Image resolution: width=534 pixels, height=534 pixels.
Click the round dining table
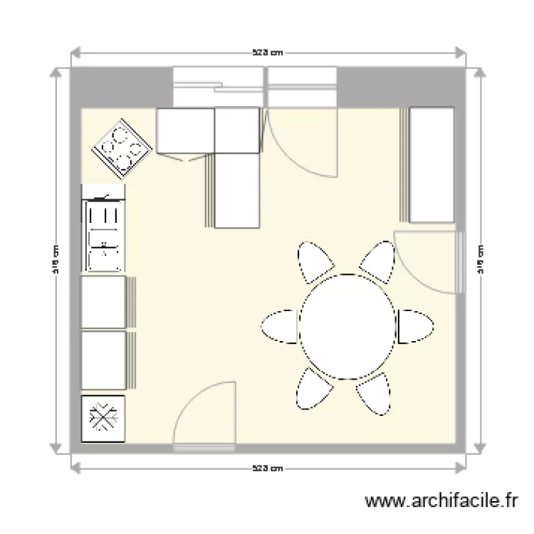point(347,326)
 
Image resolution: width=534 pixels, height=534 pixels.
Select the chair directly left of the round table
point(280,327)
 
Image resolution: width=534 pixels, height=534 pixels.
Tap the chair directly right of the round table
point(415,327)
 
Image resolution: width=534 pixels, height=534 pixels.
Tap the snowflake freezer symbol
point(103,419)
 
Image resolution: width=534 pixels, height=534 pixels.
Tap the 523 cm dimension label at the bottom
point(268,468)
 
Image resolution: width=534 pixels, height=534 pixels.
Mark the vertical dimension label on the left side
point(55,259)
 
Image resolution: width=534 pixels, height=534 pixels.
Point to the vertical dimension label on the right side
point(481,259)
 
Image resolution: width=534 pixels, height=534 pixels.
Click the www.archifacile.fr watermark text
point(442,502)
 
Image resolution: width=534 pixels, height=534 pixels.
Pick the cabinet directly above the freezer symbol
point(104,360)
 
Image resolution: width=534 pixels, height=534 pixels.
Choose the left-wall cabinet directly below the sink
point(104,302)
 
